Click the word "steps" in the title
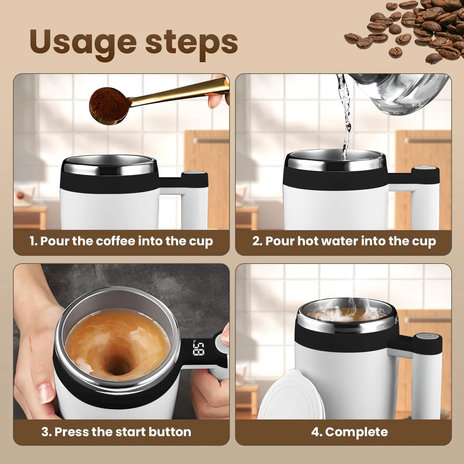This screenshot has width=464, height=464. tap(192, 42)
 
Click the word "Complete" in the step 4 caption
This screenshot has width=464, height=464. tap(356, 432)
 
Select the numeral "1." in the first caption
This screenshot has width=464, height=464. tap(33, 241)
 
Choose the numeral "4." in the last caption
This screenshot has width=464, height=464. tap(316, 432)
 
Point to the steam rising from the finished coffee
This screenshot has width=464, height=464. tap(352, 311)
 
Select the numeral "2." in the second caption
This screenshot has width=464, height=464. tap(258, 241)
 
